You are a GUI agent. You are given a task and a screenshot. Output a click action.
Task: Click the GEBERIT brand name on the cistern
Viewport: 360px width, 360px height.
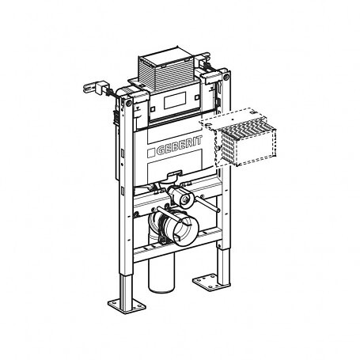pos(180,146)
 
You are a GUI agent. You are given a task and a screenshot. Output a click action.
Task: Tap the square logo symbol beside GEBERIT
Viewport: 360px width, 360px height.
pos(150,153)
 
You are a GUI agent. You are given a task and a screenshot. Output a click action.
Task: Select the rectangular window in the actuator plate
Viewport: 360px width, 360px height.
pos(175,100)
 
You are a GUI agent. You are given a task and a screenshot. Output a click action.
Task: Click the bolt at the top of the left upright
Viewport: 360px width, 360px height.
pos(128,103)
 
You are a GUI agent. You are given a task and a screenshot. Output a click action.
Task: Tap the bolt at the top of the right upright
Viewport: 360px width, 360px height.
pos(225,78)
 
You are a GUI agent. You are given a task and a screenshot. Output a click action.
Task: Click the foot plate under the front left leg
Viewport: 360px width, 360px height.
pos(127,306)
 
